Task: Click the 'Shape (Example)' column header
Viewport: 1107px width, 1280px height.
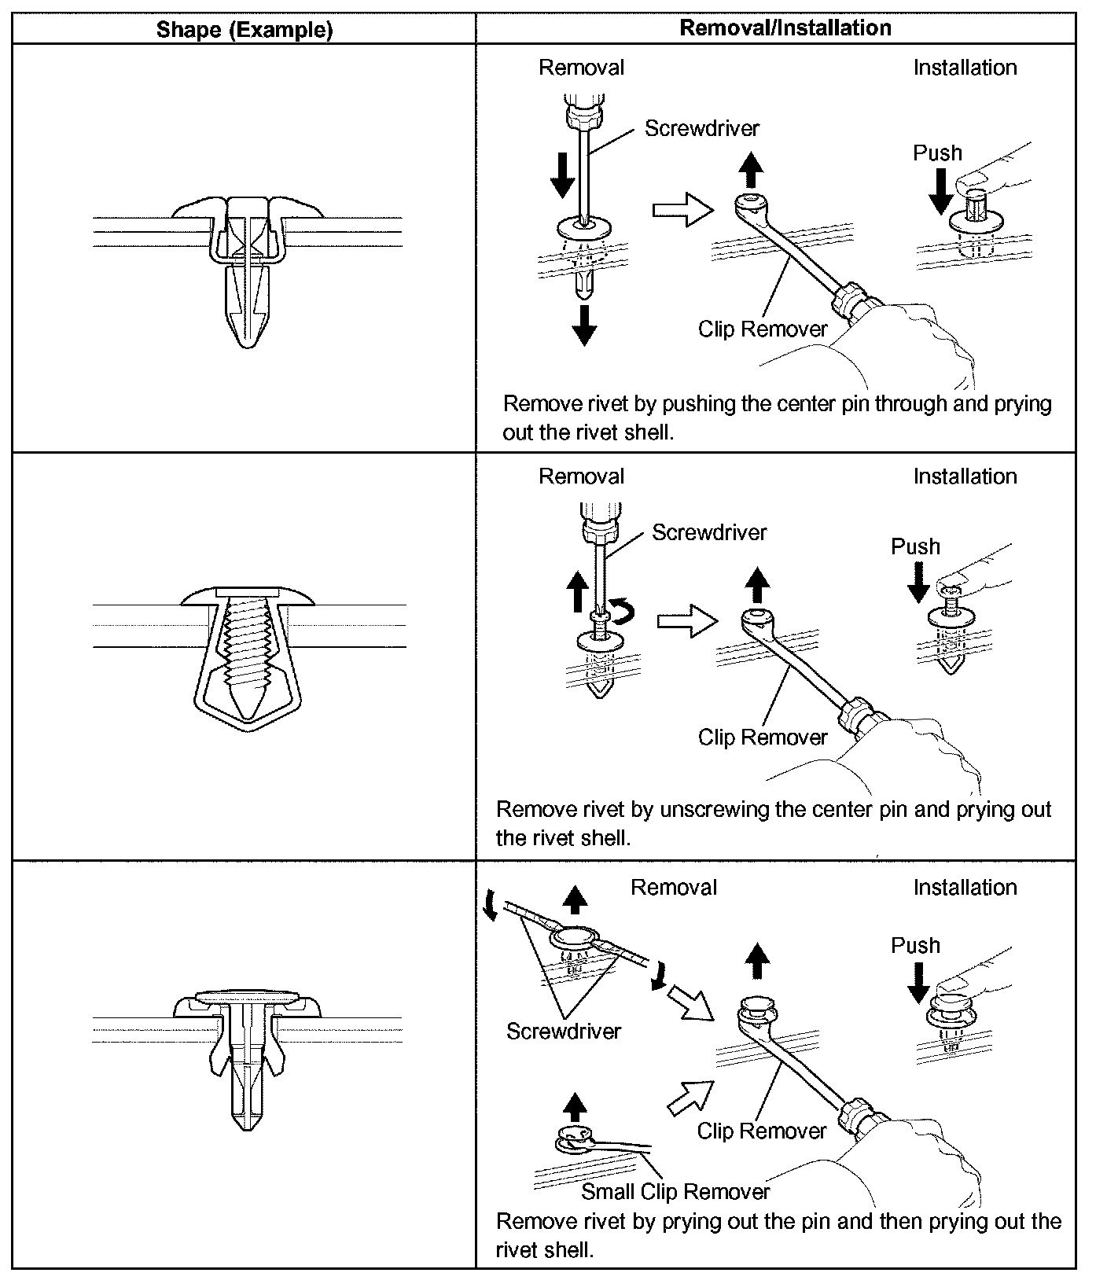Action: [245, 30]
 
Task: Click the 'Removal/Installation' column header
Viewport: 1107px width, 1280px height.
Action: [785, 28]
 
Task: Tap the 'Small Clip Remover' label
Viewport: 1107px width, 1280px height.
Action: [675, 1191]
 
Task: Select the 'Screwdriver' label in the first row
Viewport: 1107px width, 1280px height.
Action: [702, 128]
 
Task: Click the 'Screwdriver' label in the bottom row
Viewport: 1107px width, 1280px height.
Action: [563, 1031]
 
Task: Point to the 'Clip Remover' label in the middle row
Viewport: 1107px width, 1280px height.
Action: [763, 737]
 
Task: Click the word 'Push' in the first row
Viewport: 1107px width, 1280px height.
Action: [937, 153]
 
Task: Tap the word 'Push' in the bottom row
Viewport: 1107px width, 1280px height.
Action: [915, 945]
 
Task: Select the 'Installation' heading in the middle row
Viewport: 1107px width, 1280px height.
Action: [965, 476]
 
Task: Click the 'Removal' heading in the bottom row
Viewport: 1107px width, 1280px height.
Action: [674, 888]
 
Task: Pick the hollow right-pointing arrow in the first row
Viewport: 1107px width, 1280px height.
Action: [682, 209]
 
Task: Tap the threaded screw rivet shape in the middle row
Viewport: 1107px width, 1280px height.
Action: [248, 653]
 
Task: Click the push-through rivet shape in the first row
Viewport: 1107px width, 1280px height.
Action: [248, 271]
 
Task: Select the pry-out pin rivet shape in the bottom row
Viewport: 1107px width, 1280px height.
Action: [248, 1054]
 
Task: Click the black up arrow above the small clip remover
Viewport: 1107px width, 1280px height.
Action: [576, 1105]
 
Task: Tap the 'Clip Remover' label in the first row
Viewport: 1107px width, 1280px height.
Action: [763, 329]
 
